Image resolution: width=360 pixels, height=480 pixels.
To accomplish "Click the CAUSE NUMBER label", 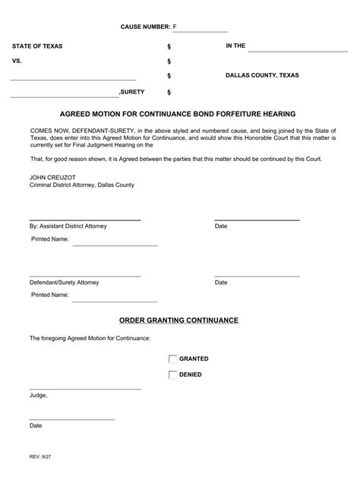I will (x=145, y=27).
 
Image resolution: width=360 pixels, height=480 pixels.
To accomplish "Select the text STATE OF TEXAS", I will (x=37, y=46).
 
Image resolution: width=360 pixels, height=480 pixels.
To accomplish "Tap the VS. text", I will (x=17, y=61).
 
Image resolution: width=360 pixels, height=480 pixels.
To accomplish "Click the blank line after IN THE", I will (x=297, y=49).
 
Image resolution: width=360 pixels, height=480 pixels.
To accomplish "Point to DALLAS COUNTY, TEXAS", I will (x=262, y=76).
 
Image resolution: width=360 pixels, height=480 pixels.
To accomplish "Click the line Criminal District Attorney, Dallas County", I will (x=82, y=185).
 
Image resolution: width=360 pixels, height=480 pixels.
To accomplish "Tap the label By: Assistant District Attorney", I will (x=68, y=226).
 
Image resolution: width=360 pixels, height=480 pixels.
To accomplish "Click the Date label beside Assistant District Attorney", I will (x=221, y=226).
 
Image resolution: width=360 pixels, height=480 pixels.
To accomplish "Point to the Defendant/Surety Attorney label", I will (x=64, y=283).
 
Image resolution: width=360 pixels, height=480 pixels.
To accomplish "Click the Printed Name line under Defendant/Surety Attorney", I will (x=115, y=298).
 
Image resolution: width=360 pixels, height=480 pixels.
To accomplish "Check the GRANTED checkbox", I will (x=173, y=359).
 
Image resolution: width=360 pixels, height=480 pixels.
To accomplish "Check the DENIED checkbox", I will (x=173, y=374).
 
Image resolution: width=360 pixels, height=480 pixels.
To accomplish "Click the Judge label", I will (x=38, y=396).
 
